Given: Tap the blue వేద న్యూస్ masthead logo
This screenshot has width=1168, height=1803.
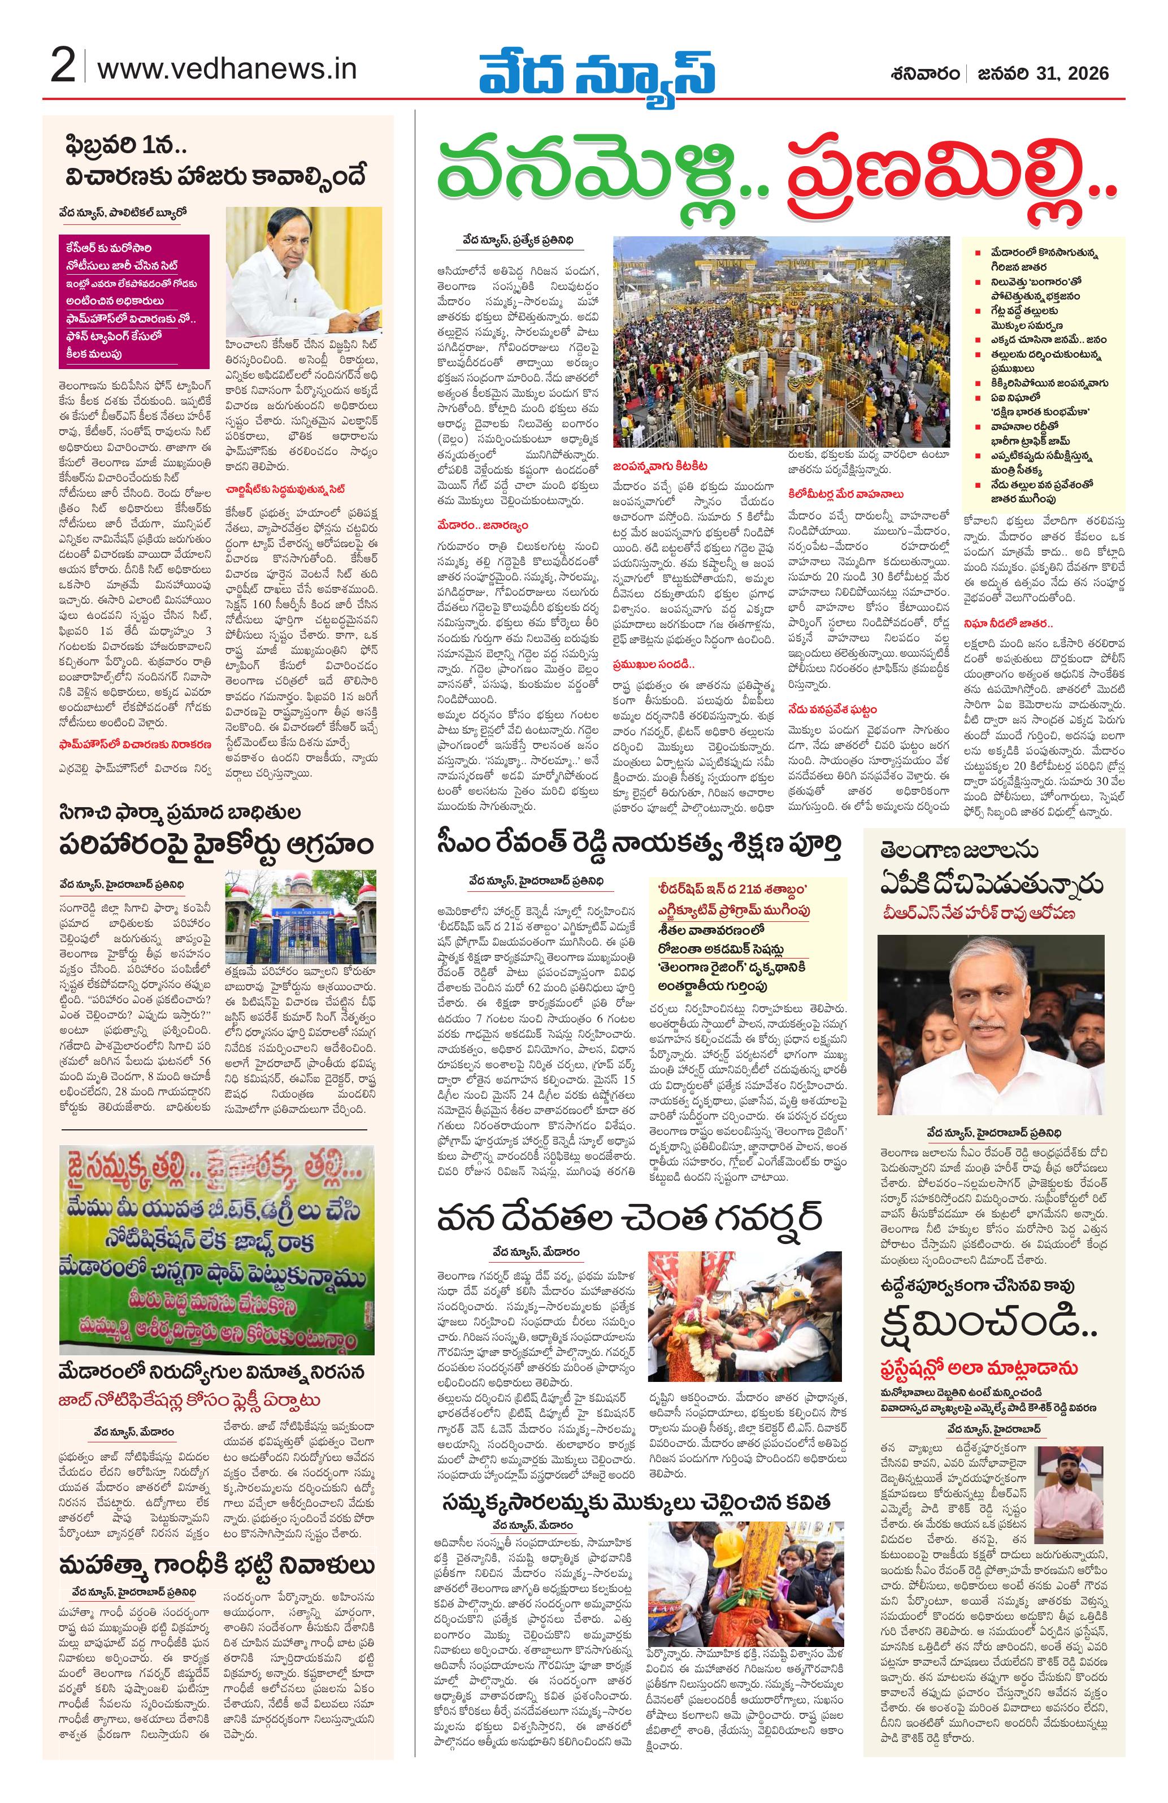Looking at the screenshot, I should [x=596, y=73].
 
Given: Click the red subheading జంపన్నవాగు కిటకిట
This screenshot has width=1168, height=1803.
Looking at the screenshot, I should [x=661, y=465].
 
